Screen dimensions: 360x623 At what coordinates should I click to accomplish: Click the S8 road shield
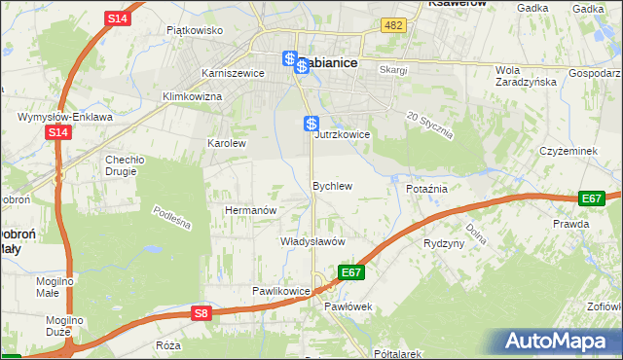tap(201, 313)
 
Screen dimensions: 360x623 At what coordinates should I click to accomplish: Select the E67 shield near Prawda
tap(591, 198)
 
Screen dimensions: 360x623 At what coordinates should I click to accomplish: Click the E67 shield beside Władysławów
tap(352, 272)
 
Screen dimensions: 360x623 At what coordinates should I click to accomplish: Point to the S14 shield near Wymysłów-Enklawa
tap(58, 132)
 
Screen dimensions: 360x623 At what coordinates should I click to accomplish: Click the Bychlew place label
tap(332, 185)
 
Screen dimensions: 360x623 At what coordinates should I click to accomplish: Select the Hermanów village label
tap(251, 210)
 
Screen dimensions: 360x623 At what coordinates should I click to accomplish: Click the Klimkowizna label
tap(193, 96)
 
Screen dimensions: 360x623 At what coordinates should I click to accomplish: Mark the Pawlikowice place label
tap(280, 291)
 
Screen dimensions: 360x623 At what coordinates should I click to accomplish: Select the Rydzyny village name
tap(444, 243)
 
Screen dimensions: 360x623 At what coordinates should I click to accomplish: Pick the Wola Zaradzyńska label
tap(524, 76)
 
